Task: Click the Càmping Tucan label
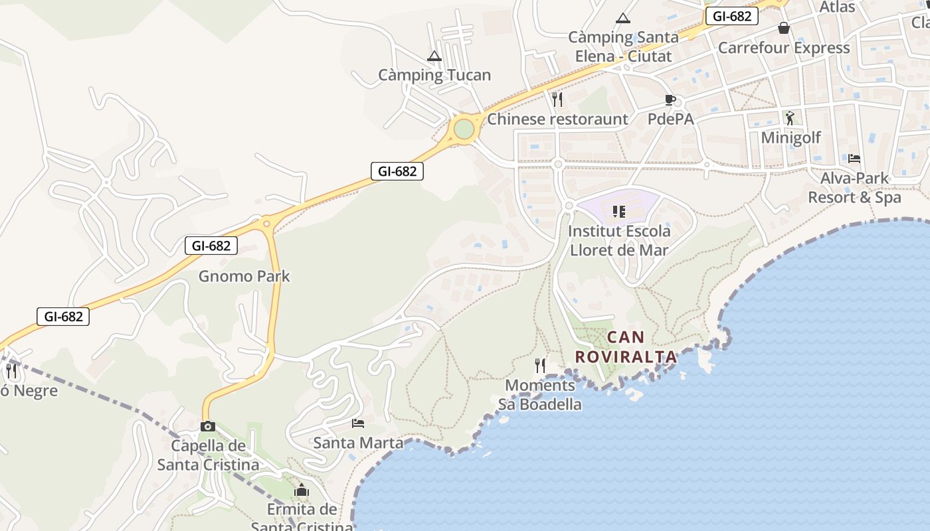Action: click(434, 75)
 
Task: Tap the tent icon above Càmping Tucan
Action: click(434, 56)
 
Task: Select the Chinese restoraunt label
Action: click(557, 119)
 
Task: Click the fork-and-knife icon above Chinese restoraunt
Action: click(557, 100)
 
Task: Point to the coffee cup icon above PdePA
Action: click(670, 100)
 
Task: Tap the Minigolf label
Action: click(790, 138)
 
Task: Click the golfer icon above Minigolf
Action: click(789, 118)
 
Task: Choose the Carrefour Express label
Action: click(784, 48)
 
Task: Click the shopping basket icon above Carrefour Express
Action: click(784, 28)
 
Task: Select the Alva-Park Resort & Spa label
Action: click(854, 188)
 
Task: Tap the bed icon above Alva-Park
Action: click(854, 159)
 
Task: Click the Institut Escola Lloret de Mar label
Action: click(620, 241)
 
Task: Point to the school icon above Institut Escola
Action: click(619, 212)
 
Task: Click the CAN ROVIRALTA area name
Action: click(626, 347)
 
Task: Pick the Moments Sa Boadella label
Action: click(540, 395)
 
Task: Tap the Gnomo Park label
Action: click(244, 276)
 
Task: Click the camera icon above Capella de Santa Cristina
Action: click(208, 426)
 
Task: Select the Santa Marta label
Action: click(358, 442)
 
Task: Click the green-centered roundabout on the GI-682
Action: click(464, 129)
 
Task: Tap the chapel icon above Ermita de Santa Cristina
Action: click(302, 491)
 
